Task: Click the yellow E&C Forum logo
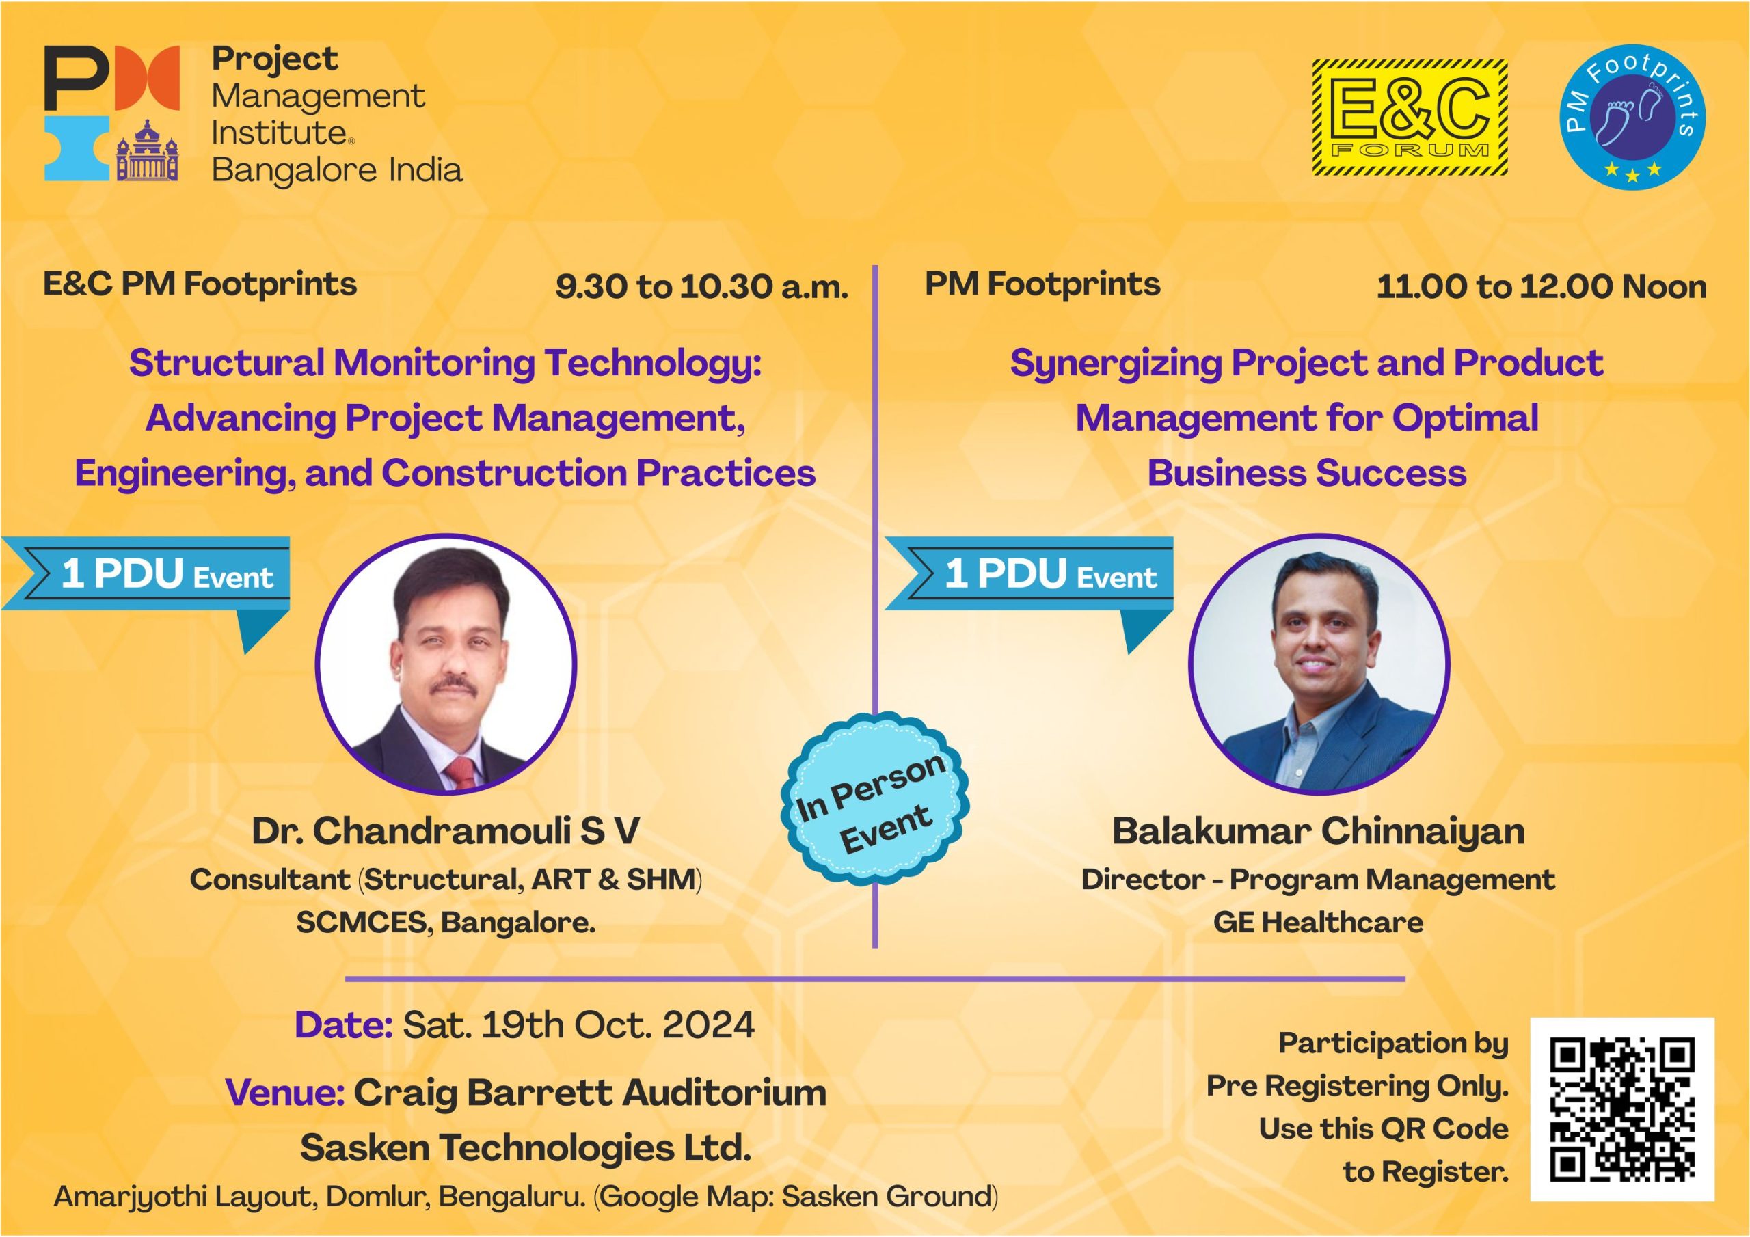(x=1410, y=118)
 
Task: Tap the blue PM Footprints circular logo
(x=1632, y=116)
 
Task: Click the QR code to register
(x=1622, y=1109)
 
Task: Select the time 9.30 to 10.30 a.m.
(x=701, y=286)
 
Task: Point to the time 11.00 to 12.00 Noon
(x=1541, y=286)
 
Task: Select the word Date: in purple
(x=344, y=1025)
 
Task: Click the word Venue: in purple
(x=285, y=1093)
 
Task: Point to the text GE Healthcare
(x=1319, y=922)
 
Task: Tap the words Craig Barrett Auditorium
(x=590, y=1093)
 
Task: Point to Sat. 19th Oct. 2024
(x=578, y=1025)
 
